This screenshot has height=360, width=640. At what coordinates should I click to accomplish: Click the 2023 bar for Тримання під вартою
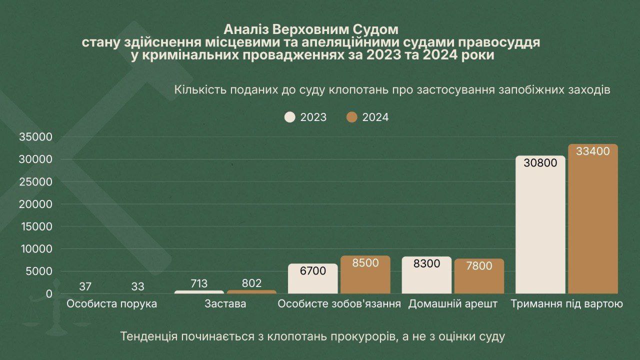pyautogui.click(x=540, y=225)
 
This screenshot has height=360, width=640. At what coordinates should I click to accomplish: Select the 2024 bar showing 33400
pyautogui.click(x=592, y=220)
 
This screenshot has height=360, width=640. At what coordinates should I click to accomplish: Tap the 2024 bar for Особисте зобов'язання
pyautogui.click(x=365, y=275)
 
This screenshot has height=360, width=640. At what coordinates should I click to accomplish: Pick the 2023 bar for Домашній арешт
pyautogui.click(x=426, y=275)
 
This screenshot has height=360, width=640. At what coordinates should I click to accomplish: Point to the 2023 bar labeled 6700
pyautogui.click(x=313, y=279)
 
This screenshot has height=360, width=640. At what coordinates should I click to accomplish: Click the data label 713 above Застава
pyautogui.click(x=199, y=284)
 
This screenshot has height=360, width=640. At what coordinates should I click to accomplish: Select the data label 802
pyautogui.click(x=251, y=283)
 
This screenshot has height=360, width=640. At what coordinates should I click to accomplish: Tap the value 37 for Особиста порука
pyautogui.click(x=85, y=287)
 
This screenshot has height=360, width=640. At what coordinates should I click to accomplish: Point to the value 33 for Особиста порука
pyautogui.click(x=138, y=287)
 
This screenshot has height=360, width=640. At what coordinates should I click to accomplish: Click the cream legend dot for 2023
pyautogui.click(x=290, y=117)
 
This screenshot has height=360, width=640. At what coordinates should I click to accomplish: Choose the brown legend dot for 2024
pyautogui.click(x=352, y=117)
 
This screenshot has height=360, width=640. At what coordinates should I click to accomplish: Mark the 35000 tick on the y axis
pyautogui.click(x=35, y=137)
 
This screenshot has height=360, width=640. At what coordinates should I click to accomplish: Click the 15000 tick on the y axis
pyautogui.click(x=35, y=226)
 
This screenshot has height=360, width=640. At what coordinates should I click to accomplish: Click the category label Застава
pyautogui.click(x=225, y=303)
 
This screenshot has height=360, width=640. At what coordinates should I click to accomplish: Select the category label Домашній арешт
pyautogui.click(x=453, y=303)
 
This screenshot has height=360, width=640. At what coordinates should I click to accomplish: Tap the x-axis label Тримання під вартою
pyautogui.click(x=566, y=303)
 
